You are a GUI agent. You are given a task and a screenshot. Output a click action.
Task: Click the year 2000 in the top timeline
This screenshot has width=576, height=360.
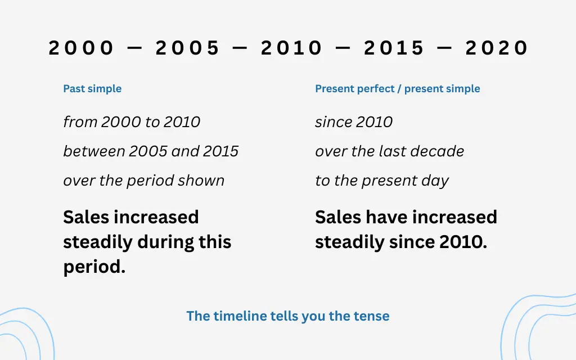click(81, 48)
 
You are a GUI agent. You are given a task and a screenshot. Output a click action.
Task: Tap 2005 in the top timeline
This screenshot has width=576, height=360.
click(187, 48)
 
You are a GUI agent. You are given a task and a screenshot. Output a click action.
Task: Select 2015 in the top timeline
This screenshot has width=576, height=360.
click(394, 48)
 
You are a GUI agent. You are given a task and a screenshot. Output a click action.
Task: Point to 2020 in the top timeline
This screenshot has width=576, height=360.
click(496, 48)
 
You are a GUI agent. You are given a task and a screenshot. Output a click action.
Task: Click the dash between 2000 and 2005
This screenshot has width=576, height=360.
click(134, 48)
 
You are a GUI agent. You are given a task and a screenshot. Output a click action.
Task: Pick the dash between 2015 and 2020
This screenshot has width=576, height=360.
click(445, 48)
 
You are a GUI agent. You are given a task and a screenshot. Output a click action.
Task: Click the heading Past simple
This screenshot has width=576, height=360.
click(92, 88)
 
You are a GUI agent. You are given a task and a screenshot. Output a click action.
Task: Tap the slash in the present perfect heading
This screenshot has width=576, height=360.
click(399, 88)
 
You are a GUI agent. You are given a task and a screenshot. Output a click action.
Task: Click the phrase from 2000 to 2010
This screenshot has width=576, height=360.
click(132, 122)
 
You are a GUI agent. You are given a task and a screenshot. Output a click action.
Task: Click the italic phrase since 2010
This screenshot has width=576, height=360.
click(354, 122)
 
